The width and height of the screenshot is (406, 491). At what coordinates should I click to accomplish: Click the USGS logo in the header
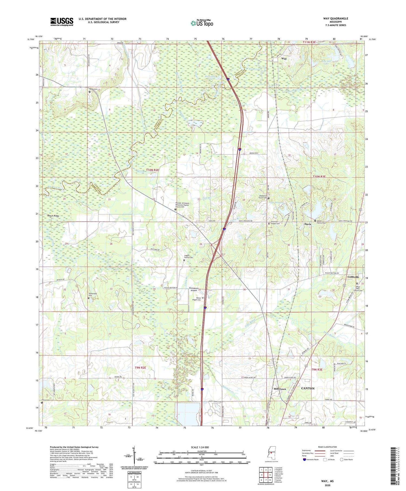[x=61, y=22]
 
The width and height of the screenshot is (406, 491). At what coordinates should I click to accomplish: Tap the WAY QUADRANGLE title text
[x=335, y=18]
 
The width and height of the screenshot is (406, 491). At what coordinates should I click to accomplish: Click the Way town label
[x=284, y=58]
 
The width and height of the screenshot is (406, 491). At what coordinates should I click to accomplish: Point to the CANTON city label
[x=308, y=388]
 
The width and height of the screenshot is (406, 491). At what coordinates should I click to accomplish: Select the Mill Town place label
[x=280, y=389]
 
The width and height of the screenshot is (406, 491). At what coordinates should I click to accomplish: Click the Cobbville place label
[x=353, y=277]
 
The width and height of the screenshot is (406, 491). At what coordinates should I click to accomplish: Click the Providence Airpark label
[x=194, y=289]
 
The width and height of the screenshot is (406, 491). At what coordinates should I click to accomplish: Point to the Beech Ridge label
[x=53, y=216]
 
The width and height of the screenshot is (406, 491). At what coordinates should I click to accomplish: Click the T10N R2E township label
[x=152, y=170]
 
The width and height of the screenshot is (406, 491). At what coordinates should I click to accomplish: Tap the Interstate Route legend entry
[x=311, y=460]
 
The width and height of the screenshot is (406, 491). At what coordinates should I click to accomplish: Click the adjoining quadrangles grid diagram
[x=266, y=475]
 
